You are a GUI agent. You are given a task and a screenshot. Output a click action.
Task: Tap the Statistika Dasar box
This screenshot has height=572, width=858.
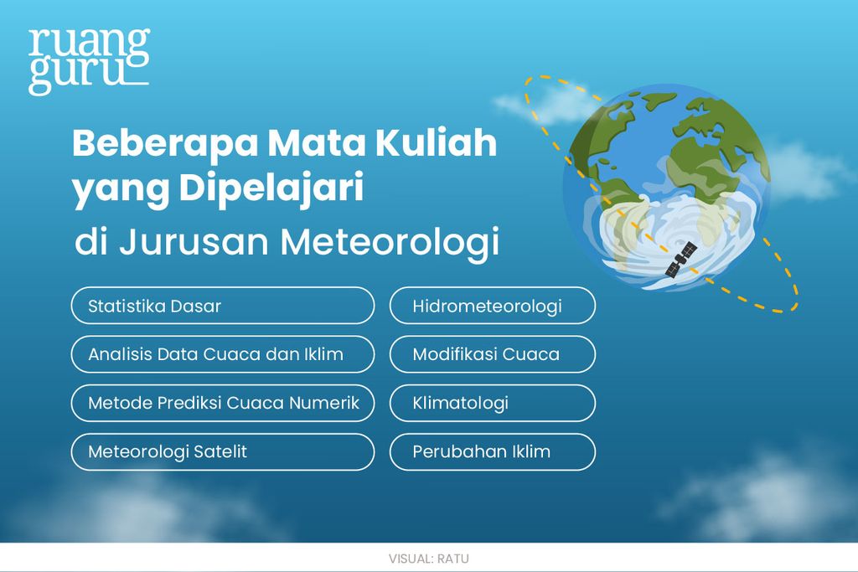coord(222,306)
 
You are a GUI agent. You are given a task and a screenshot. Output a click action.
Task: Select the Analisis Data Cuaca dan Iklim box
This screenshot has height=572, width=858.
coord(222,354)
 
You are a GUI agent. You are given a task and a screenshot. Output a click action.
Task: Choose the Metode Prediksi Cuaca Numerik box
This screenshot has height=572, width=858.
coord(222,403)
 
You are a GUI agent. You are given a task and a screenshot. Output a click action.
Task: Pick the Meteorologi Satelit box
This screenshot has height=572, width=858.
coord(222,451)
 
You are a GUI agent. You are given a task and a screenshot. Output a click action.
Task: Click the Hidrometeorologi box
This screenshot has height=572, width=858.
coord(492,306)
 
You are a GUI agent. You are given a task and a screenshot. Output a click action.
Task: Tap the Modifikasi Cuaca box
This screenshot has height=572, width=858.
coord(492,354)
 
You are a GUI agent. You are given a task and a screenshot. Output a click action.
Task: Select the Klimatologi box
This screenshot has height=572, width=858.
coord(492,403)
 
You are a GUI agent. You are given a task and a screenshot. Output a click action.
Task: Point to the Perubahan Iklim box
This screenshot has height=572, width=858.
coord(492,451)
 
